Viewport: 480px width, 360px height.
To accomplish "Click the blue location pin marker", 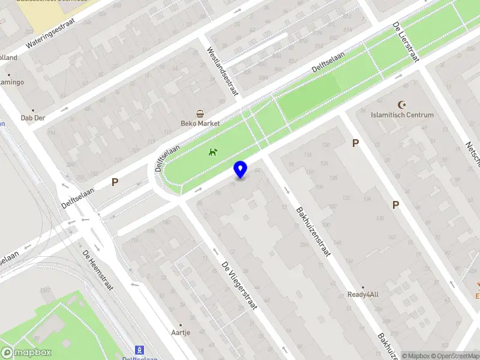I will click(241, 170).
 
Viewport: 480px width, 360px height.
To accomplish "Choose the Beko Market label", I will click(200, 124).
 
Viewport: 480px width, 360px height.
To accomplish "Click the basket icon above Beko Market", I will click(200, 113).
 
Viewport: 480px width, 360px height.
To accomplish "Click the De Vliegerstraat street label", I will click(239, 285).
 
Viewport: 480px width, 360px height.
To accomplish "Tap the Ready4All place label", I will click(363, 295).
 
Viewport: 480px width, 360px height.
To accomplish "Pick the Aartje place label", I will click(181, 332).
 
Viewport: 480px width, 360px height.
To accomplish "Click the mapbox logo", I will click(26, 353).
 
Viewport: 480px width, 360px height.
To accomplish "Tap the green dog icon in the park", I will click(212, 152).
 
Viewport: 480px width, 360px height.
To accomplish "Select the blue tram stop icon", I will click(140, 349).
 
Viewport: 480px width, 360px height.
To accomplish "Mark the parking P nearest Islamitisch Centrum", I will click(355, 143).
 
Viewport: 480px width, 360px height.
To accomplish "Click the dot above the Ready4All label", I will click(363, 287).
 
